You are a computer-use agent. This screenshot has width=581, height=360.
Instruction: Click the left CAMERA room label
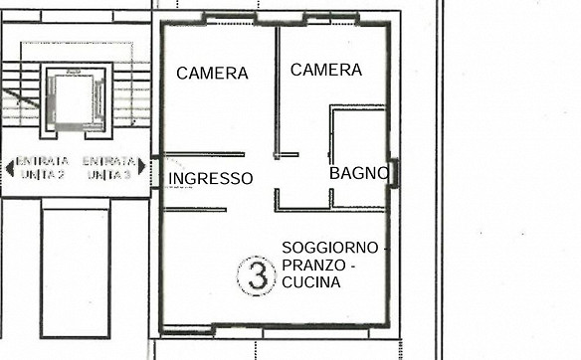pos(212,73)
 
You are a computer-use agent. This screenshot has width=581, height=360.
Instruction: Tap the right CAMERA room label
pos(326,70)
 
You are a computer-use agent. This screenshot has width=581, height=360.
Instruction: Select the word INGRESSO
pos(211,179)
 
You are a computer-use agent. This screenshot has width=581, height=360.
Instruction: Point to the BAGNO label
pos(359,173)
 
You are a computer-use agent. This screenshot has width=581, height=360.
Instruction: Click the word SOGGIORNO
pos(329,248)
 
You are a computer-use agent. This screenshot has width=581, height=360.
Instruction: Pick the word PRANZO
pos(313,266)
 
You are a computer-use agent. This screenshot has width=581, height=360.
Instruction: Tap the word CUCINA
pos(310,282)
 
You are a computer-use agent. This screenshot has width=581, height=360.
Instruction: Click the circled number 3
pos(257,275)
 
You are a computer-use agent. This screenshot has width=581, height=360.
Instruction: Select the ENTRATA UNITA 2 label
pos(42,168)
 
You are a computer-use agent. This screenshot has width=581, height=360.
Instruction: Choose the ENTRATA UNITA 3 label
pos(108,168)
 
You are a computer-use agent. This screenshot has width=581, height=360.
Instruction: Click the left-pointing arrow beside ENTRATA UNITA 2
pos(10,168)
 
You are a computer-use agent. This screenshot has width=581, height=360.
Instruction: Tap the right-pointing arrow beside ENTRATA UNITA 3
pos(141,166)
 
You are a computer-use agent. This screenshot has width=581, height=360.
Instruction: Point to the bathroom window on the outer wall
pos(394,173)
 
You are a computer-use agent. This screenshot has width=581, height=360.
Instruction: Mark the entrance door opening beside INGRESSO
pos(156,173)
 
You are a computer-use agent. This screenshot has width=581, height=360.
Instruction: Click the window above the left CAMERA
pos(230,19)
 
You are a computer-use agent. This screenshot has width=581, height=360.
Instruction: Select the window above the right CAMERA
pos(331,19)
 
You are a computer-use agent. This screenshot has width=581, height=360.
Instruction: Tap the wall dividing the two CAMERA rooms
pos(277,92)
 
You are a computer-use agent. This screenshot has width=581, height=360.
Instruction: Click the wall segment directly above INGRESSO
pos(204,154)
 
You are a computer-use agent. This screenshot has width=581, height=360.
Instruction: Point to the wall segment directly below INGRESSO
pos(195,210)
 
